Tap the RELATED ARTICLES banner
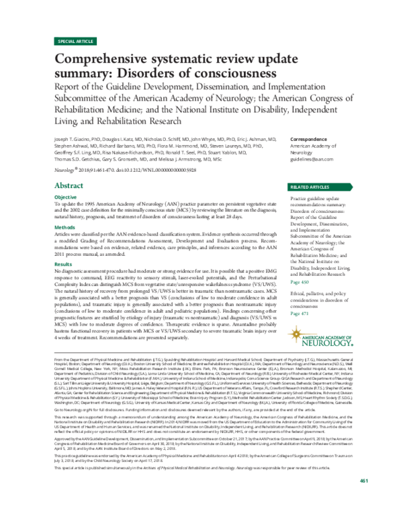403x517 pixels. click(315, 186)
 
